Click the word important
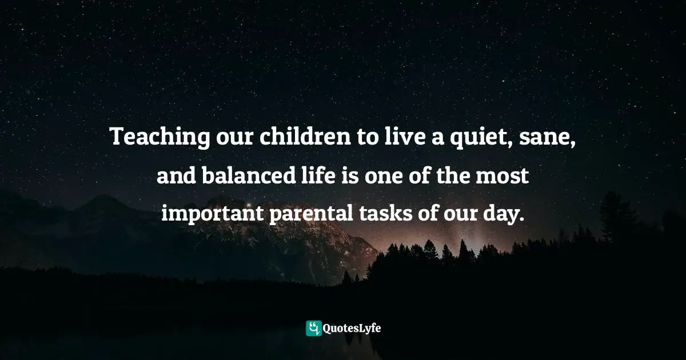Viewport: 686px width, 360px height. (210, 214)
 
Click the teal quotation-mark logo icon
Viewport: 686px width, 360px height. (313, 328)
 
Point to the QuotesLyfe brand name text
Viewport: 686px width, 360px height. (352, 329)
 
